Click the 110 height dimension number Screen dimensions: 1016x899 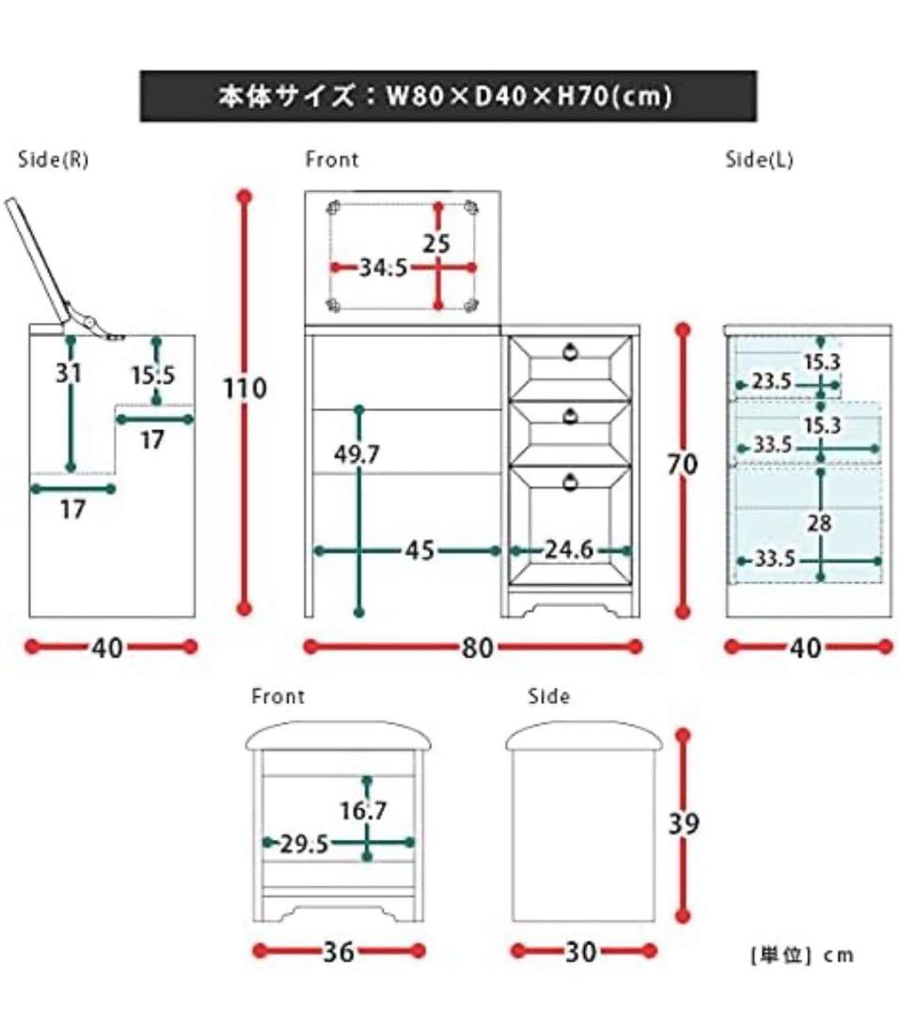pos(245,388)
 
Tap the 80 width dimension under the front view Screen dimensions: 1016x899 pos(478,647)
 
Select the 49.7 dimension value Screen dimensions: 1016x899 pos(357,455)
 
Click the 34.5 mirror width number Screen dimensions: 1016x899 pos(383,267)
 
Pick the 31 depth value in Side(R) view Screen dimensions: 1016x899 pos(69,373)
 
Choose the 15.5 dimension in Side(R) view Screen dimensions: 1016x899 pos(153,375)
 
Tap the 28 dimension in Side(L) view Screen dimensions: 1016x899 pos(820,523)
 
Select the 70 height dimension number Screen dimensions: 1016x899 pos(684,464)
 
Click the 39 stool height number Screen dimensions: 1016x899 pos(684,823)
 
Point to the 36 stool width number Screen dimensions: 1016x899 pos(339,952)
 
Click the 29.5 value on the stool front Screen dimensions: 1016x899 pos(305,844)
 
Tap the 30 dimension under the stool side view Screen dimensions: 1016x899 pos(581,952)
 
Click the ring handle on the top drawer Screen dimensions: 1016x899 pos(570,353)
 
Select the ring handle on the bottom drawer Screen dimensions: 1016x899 pos(570,483)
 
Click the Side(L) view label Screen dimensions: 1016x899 pos(759,160)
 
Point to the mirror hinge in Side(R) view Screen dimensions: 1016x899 pos(89,323)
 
